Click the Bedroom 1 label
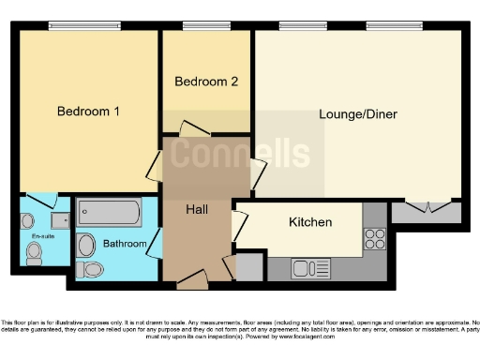88,112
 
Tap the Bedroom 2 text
206,82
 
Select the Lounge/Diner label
358,114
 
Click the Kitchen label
310,222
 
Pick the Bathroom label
125,244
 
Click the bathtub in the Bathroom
109,213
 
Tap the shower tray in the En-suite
60,220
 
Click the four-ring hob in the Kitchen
374,239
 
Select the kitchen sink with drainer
307,269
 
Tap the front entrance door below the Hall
193,277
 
